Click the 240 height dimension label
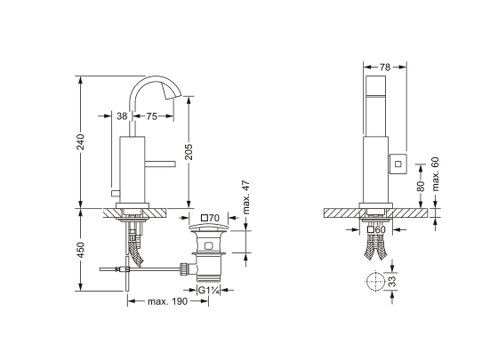[81, 141]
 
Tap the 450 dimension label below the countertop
[81, 250]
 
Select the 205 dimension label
[189, 152]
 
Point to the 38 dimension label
[122, 116]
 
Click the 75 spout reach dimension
[151, 116]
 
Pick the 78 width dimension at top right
[384, 68]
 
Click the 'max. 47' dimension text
[246, 197]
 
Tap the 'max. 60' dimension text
[435, 174]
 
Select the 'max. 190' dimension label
[168, 301]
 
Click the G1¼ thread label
[209, 290]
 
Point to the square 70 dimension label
[211, 218]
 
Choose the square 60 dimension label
[376, 229]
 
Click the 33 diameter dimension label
[393, 281]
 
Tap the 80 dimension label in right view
[421, 186]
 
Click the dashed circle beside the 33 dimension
[375, 281]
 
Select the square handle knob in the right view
[398, 164]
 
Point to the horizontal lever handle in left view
[160, 164]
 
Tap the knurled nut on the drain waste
[184, 269]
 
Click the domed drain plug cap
[209, 228]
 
